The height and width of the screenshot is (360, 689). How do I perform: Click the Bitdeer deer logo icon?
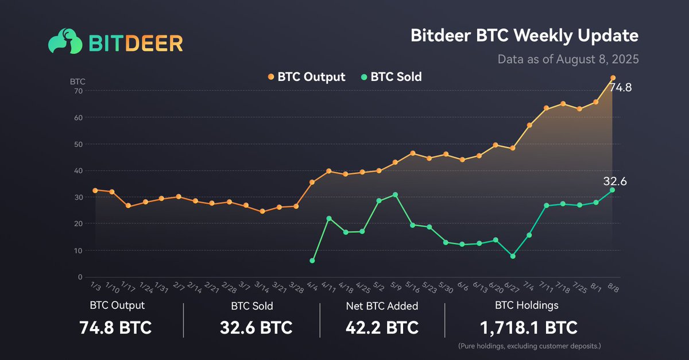tap(64, 42)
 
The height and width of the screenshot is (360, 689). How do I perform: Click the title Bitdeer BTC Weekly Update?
tap(524, 36)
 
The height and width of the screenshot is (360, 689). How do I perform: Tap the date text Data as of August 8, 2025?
tap(568, 59)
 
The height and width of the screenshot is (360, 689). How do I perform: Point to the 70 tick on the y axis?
tap(79, 91)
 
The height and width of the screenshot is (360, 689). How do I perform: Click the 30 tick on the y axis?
tap(79, 197)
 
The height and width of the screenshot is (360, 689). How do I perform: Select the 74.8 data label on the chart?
tap(621, 88)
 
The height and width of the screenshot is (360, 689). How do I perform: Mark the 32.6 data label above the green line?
tap(614, 181)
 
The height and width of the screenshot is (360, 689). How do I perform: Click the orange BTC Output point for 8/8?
tap(613, 78)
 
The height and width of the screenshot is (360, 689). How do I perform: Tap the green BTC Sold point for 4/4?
tap(312, 261)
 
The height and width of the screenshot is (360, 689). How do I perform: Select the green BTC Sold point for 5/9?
tap(395, 195)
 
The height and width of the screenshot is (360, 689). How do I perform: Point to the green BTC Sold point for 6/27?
tap(513, 256)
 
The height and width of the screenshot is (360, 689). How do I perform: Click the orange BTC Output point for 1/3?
tap(95, 190)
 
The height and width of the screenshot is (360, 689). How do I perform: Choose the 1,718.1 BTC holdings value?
tap(528, 328)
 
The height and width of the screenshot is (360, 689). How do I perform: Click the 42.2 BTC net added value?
tap(382, 328)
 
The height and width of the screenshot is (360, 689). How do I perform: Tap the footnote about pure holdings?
tap(528, 347)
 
